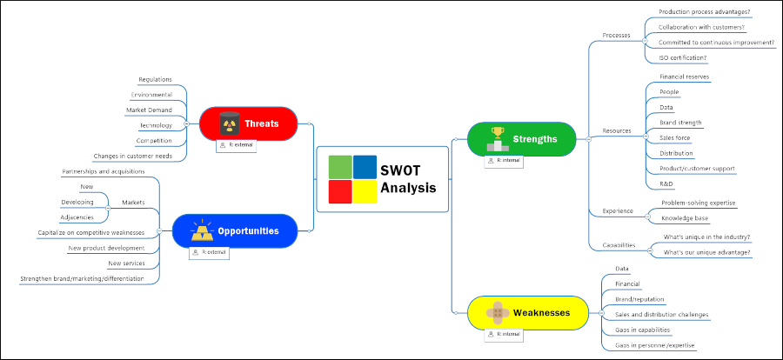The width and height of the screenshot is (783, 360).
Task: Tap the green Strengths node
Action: point(522,139)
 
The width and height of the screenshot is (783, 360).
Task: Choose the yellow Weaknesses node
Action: point(522,312)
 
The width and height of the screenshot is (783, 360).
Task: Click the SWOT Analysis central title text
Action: point(408,180)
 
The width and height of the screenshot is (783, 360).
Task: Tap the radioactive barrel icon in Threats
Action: point(229,123)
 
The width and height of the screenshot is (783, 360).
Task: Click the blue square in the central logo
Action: point(365,166)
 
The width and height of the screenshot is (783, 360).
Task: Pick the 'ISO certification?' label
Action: point(683,57)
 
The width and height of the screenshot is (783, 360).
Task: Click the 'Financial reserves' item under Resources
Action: point(684,77)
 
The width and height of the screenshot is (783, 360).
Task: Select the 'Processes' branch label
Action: point(616,35)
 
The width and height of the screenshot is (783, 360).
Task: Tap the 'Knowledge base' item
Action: point(685,218)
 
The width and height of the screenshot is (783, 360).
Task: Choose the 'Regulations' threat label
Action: point(155,79)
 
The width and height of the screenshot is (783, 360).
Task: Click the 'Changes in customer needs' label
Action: point(132,156)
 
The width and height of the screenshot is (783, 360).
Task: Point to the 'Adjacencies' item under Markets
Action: point(77,217)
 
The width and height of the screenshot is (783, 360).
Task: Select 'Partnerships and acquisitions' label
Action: point(103,171)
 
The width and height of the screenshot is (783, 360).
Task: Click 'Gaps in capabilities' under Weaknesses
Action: point(643,330)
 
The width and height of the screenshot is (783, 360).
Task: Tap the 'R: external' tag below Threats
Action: point(236,145)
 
